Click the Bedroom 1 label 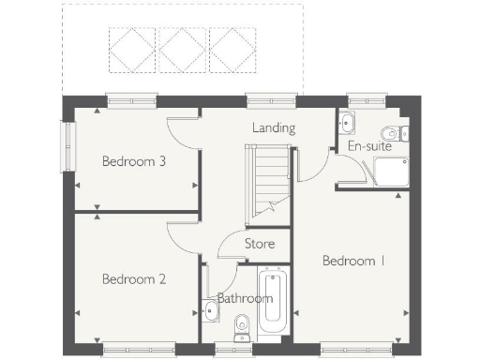click(x=353, y=261)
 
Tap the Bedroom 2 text click(x=134, y=278)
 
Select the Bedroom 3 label click(x=134, y=161)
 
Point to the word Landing click(x=274, y=127)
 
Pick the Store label click(x=260, y=244)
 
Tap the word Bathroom click(x=245, y=299)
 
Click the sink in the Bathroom click(x=208, y=309)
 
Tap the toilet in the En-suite click(x=394, y=131)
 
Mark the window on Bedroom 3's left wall click(x=67, y=146)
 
